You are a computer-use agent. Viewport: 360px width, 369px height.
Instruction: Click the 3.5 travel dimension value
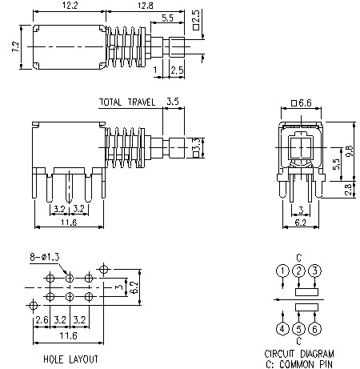tap(172, 102)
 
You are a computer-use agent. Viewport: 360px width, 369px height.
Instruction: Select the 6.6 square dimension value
tap(302, 104)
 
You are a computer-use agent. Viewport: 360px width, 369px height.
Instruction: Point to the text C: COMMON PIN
tap(300, 363)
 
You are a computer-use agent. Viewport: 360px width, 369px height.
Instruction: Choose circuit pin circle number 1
tap(282, 271)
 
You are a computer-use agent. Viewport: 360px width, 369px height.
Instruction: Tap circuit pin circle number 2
tap(298, 271)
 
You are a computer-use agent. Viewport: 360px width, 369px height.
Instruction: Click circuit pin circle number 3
tap(315, 271)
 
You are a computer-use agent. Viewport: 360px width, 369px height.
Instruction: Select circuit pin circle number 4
tap(282, 328)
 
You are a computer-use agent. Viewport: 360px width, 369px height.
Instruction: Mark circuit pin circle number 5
tap(298, 328)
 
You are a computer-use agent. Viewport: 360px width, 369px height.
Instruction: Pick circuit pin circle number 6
tap(315, 328)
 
